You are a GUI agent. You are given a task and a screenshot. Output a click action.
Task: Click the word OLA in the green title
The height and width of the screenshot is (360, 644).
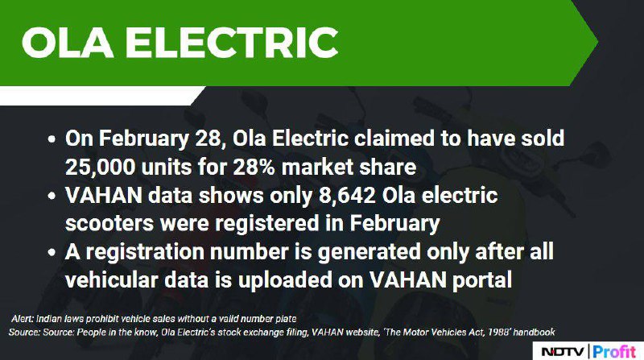[68, 43]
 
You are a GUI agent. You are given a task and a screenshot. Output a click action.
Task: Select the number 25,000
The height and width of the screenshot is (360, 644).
[100, 168]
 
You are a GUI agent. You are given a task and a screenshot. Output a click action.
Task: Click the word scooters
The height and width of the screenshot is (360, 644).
[109, 224]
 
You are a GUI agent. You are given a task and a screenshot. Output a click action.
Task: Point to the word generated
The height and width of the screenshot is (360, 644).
[369, 252]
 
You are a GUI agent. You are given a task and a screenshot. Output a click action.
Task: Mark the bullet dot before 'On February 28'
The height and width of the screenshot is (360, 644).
[52, 139]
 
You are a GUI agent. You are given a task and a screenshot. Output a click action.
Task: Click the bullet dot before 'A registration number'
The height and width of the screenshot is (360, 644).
[52, 253]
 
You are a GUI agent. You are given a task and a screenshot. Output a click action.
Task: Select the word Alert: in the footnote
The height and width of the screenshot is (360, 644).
[23, 319]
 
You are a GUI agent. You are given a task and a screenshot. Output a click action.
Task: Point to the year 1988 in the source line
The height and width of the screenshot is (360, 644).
[498, 332]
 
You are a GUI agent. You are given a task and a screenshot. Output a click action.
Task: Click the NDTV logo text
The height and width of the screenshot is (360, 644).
[562, 352]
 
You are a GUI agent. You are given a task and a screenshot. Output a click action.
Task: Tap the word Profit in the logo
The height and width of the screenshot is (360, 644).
[614, 352]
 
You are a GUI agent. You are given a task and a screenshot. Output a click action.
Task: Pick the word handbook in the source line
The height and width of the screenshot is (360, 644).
[534, 332]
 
